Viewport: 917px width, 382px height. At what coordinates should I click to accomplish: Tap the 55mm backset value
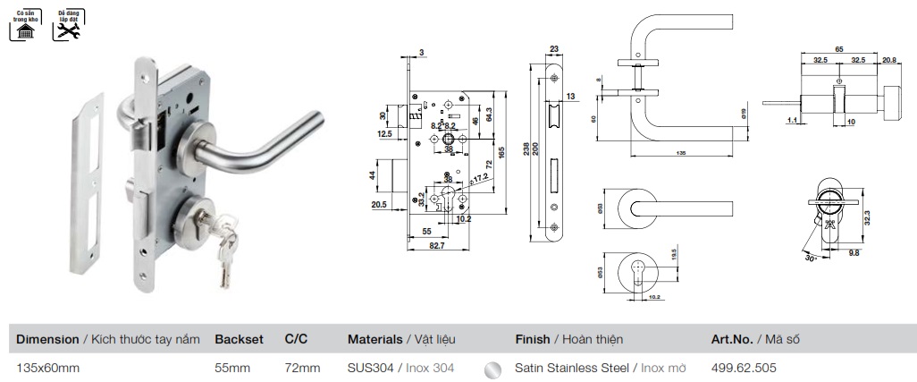pos(232,368)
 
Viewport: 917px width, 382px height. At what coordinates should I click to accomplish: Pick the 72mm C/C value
pos(301,368)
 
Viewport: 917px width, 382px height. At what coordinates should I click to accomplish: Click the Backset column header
pos(239,340)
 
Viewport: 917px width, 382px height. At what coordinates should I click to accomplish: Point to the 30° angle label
pos(810,257)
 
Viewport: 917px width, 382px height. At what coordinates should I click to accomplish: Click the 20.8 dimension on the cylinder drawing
pos(889,61)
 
